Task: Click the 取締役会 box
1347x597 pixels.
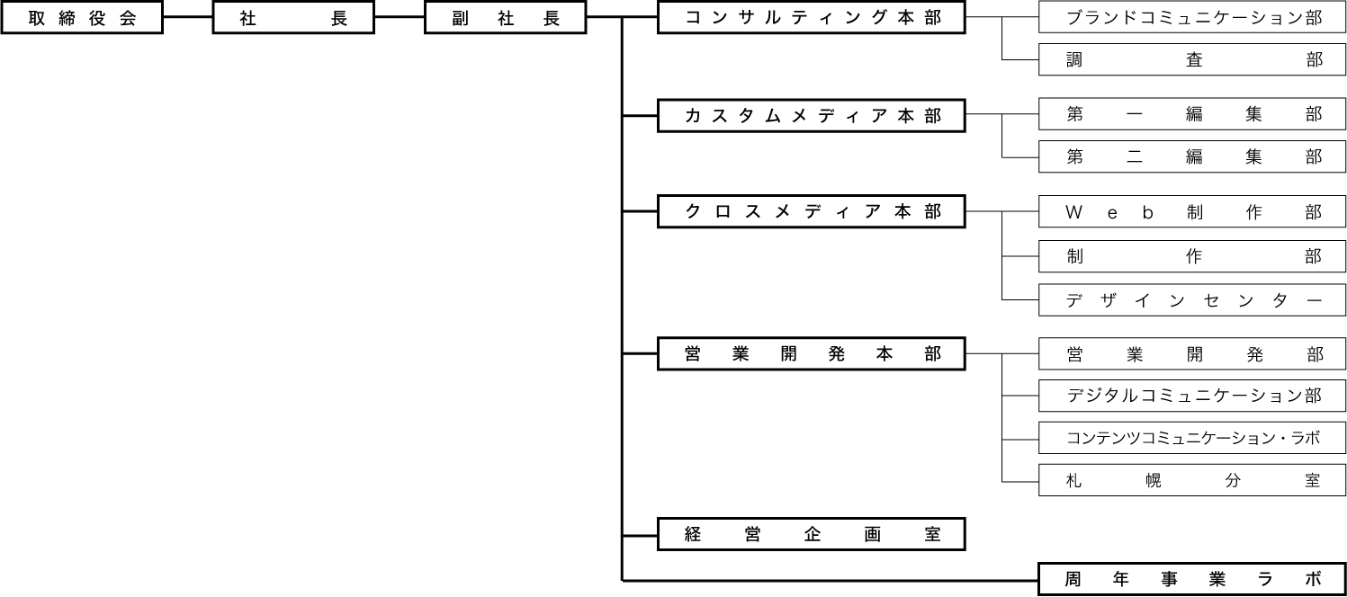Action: pyautogui.click(x=82, y=18)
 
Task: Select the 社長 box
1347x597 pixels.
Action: pyautogui.click(x=293, y=18)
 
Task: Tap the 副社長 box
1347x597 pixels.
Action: pyautogui.click(x=505, y=18)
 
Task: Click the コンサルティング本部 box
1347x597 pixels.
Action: pyautogui.click(x=812, y=18)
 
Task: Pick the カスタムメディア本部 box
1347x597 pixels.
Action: pyautogui.click(x=812, y=116)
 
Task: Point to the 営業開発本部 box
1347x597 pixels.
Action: pyautogui.click(x=812, y=354)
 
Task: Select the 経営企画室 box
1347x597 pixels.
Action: pyautogui.click(x=812, y=534)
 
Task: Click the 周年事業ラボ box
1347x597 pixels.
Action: pyautogui.click(x=1192, y=579)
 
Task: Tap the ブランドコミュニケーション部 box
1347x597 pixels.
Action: pyautogui.click(x=1192, y=17)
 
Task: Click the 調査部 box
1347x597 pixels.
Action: pyautogui.click(x=1192, y=60)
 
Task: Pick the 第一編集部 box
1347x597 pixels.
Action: pyautogui.click(x=1192, y=114)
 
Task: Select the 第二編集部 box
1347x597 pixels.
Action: pyautogui.click(x=1192, y=156)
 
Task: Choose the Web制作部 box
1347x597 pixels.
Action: pyautogui.click(x=1192, y=212)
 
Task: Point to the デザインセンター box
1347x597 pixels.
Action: pyautogui.click(x=1192, y=300)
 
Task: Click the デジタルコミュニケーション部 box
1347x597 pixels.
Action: pyautogui.click(x=1192, y=396)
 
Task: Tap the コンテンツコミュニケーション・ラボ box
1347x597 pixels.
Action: pyautogui.click(x=1192, y=439)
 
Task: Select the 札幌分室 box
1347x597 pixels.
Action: pyautogui.click(x=1192, y=480)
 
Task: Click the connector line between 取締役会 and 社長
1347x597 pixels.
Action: pyautogui.click(x=188, y=18)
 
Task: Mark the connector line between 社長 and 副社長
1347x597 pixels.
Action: pyautogui.click(x=400, y=18)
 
